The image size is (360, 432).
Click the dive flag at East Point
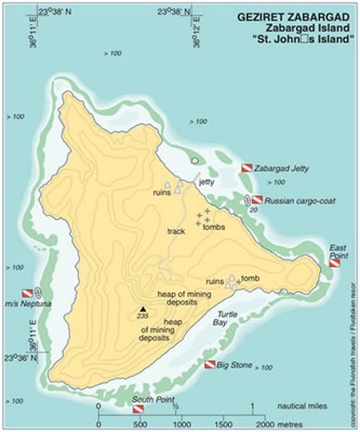(x=333, y=264)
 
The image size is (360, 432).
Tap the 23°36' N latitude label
(x=22, y=358)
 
